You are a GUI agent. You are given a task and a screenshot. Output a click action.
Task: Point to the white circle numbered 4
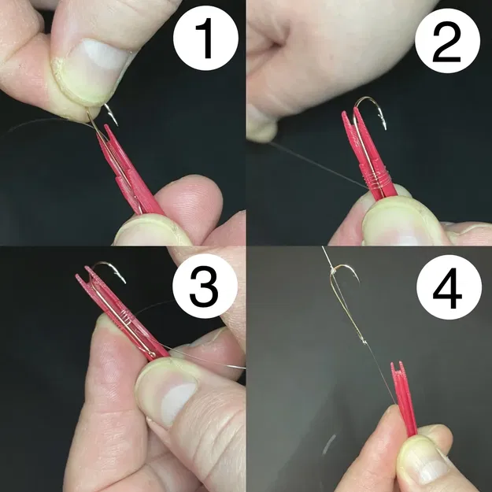click(446, 290)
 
